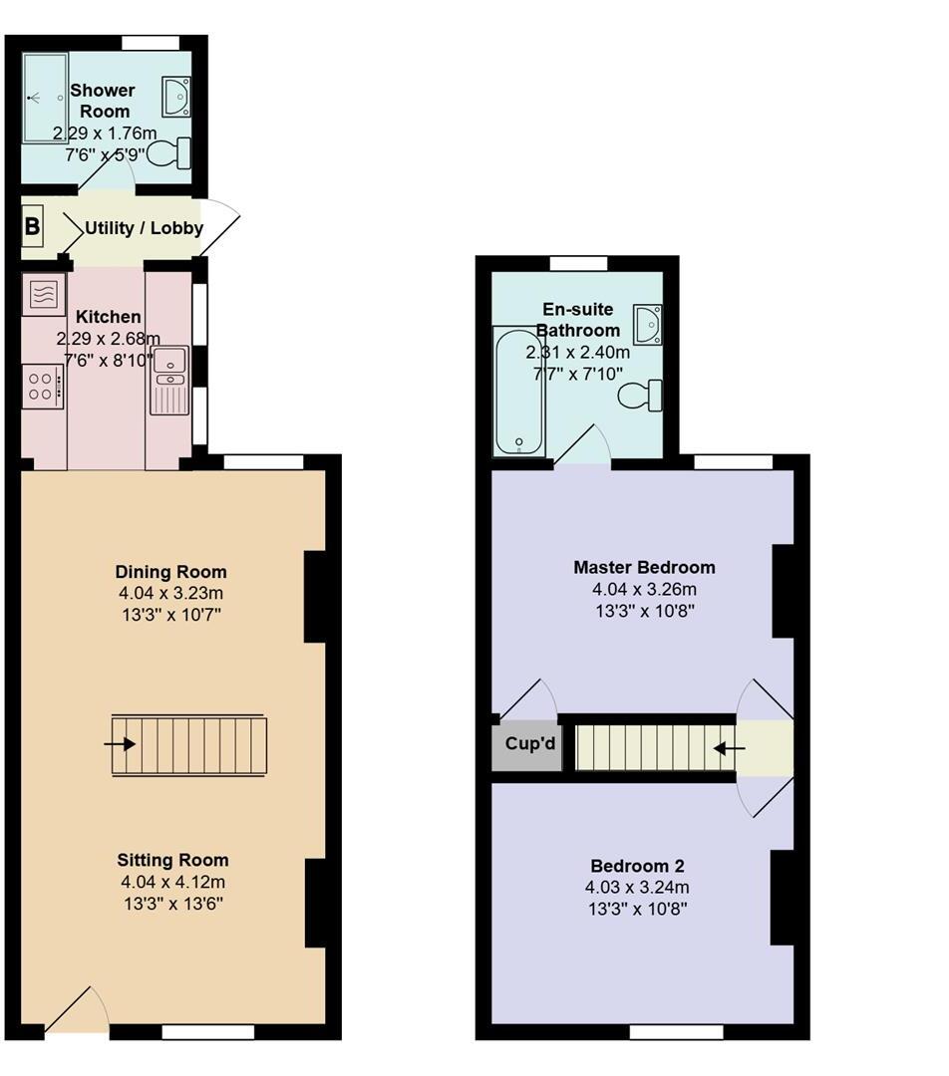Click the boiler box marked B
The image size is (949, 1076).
[32, 227]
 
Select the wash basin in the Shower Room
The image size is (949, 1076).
[176, 96]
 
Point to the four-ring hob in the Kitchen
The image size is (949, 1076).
[41, 386]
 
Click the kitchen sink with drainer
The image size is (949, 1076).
[168, 380]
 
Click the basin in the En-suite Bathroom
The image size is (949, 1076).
[649, 325]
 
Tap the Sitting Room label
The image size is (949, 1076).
[172, 860]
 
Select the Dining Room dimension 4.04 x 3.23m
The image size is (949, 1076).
[170, 593]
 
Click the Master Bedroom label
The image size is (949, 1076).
[644, 567]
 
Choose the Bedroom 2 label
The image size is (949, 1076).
[637, 865]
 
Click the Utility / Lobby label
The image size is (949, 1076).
[144, 228]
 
